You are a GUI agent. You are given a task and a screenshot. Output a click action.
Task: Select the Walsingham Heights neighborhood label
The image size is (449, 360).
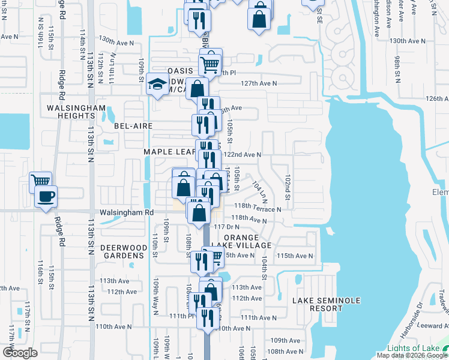(76, 112)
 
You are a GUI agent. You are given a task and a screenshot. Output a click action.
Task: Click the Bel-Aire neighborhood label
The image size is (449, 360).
(133, 126)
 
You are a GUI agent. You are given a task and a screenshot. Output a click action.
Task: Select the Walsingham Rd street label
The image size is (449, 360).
(128, 212)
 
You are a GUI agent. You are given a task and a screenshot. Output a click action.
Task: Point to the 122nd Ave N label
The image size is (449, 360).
(242, 154)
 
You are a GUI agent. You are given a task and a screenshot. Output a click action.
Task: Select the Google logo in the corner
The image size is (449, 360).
(20, 352)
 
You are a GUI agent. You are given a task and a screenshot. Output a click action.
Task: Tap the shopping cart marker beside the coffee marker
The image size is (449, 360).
(41, 181)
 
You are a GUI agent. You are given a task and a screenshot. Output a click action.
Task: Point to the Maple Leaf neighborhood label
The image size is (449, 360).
(170, 152)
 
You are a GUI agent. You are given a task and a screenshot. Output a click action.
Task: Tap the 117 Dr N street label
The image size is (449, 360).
(227, 227)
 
